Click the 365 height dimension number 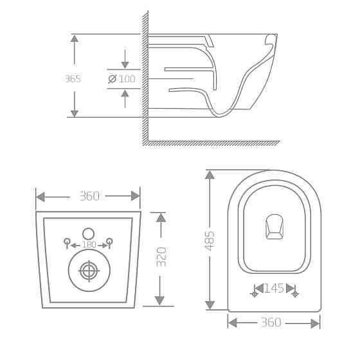[x=73, y=78]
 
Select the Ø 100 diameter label [x=122, y=78]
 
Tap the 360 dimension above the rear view [x=89, y=196]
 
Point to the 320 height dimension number [x=161, y=256]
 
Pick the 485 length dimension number [x=210, y=240]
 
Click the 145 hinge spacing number [x=274, y=288]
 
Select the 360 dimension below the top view [x=271, y=322]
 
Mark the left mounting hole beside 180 [x=67, y=242]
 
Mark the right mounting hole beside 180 [x=110, y=242]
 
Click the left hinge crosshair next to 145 [x=255, y=294]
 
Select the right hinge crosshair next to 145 [x=295, y=294]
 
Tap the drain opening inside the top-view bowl [x=274, y=226]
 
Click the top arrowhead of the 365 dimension [x=75, y=39]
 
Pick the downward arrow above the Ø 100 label [x=125, y=64]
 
